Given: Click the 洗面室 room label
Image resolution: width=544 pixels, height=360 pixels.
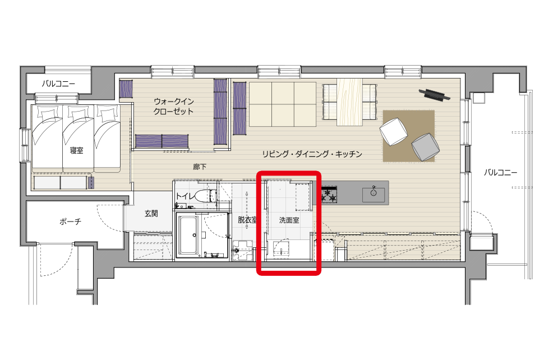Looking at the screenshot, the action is coord(289,220).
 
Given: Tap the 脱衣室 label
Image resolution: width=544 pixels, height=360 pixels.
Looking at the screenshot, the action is coord(248,220).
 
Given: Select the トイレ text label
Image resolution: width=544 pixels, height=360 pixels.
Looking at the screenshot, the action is coord(186,196).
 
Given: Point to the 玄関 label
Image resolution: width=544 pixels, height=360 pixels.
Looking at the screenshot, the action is coord(151,214).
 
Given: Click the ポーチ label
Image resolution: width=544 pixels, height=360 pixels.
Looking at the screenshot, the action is coord(70,221).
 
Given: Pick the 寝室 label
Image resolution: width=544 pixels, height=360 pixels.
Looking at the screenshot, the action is coord(76,150).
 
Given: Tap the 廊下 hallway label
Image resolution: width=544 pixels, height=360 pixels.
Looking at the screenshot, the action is coord(200,167).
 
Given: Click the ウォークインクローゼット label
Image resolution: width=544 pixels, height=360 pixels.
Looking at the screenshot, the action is coord(173,107).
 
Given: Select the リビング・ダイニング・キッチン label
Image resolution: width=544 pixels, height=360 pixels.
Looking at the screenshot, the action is coord(312,154).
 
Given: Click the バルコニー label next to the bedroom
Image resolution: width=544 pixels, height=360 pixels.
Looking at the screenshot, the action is coord(58,84).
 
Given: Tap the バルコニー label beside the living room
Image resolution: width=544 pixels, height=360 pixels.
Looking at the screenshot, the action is coord(500,172).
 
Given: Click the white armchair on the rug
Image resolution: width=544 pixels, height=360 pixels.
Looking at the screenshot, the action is coord(394,131).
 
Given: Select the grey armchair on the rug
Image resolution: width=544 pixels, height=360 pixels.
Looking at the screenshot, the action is coord(425,147).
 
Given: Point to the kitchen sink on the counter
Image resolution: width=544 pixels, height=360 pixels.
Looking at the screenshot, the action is coord(374,195).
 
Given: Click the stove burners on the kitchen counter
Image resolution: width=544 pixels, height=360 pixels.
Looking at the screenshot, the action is coord(328,195).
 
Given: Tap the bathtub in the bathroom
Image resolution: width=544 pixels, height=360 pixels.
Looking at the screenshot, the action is coord(190,236).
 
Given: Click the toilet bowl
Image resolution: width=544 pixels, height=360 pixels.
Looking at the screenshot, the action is coord(202,196).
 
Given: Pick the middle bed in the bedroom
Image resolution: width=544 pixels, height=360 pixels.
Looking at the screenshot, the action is coord(78,139).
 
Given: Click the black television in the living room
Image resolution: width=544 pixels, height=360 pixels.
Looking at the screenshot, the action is coord(435,95).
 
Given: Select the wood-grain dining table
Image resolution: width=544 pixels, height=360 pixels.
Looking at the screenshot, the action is coord(350,102).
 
